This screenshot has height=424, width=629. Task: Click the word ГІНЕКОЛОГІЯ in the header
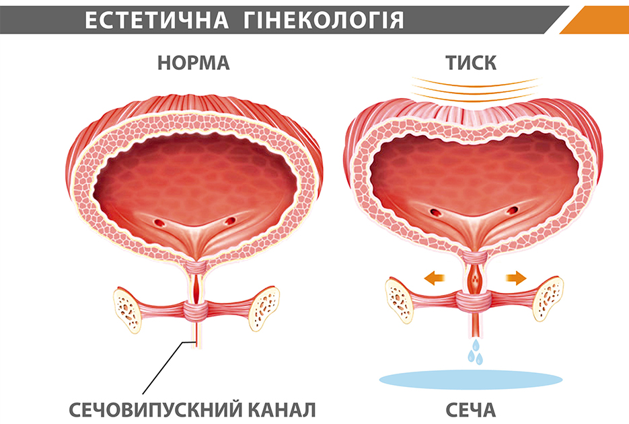coord(324,19)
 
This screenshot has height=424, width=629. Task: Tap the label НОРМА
coord(193,63)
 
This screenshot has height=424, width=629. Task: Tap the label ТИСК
coord(471,63)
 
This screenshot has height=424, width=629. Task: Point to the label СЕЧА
coord(470,410)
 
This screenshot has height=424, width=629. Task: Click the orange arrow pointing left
coord(435,278)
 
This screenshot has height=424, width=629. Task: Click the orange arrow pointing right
coord(516,278)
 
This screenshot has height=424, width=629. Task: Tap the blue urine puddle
coord(470,379)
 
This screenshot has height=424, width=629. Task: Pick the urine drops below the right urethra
coord(476,352)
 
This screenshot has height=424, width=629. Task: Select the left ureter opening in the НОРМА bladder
coord(159,222)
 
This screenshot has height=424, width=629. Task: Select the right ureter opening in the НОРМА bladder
coord(230,220)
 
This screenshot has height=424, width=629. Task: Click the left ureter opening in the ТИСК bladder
coord(435,211)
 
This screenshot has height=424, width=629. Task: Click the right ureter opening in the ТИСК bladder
coord(512,210)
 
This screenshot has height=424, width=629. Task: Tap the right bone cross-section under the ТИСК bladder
coord(548,298)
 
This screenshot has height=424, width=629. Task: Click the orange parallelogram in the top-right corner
coord(595,19)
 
